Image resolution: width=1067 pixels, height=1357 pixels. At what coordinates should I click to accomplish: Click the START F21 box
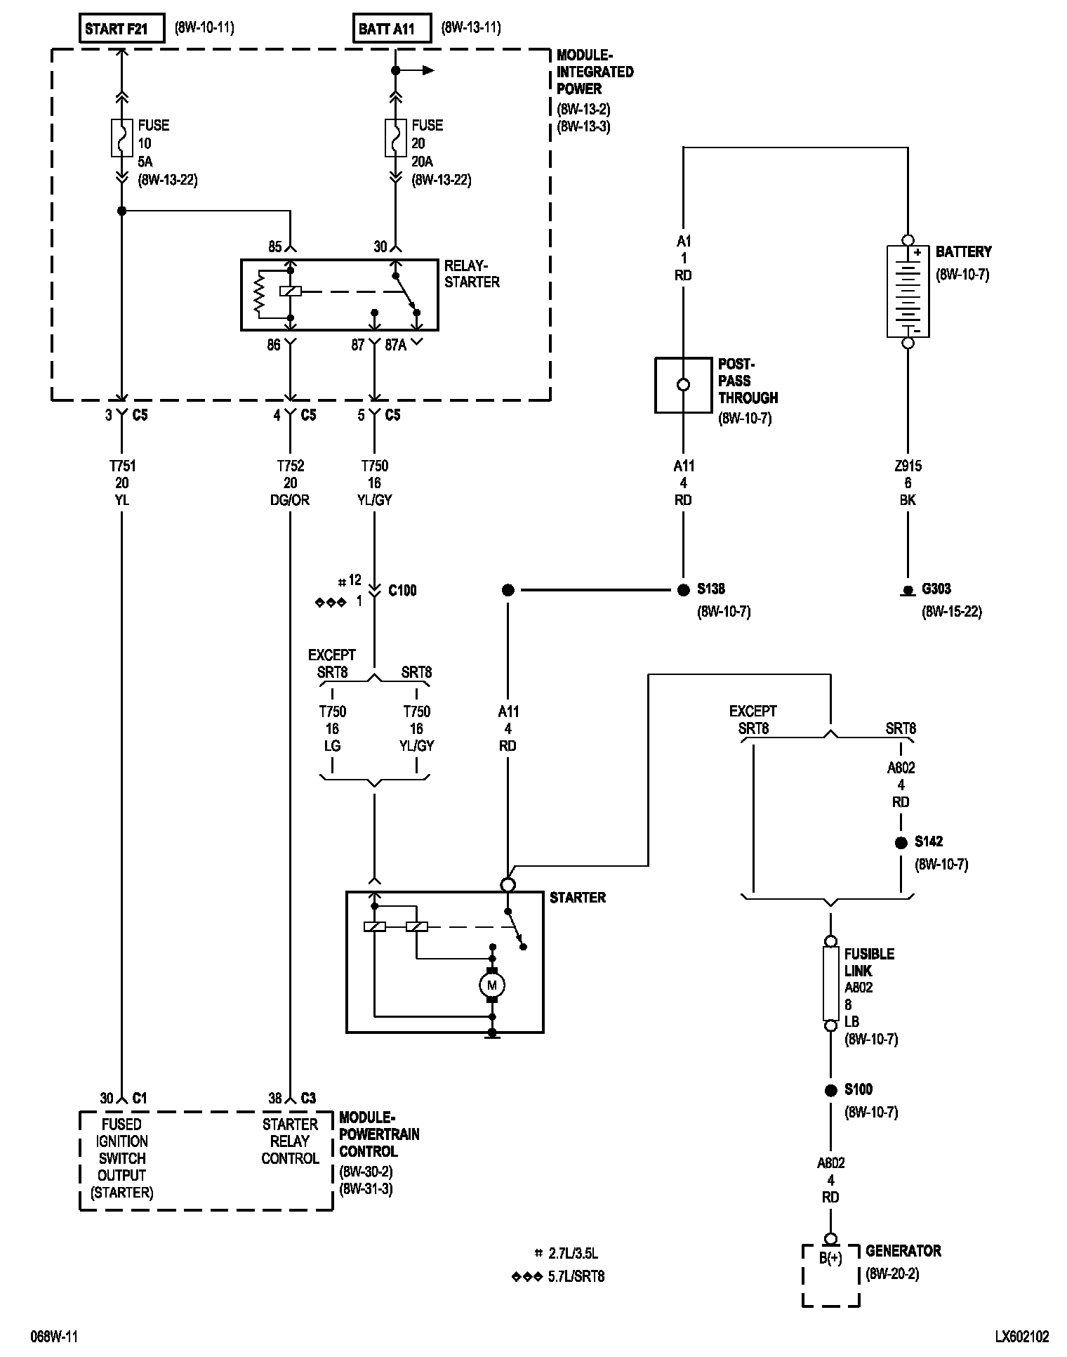pos(121,29)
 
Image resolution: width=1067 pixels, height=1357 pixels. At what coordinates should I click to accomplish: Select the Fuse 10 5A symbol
pos(121,138)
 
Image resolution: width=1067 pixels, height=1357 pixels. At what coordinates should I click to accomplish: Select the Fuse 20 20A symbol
pos(395,138)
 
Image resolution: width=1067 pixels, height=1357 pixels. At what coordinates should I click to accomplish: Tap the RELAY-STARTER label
pos(472,274)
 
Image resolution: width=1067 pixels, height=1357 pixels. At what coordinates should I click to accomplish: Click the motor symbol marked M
pos(491,985)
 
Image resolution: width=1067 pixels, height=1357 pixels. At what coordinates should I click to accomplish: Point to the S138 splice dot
pos(684,590)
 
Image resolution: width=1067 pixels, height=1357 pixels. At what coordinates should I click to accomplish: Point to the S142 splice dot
pos(901,843)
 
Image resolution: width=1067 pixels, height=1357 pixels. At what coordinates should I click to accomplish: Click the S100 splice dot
pos(830,1090)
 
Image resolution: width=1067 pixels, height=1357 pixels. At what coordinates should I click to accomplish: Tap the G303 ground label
pos(936,589)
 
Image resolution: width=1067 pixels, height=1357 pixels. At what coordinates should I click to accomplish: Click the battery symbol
pos(908,291)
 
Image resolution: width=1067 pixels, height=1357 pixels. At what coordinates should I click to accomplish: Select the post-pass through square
pos(683,385)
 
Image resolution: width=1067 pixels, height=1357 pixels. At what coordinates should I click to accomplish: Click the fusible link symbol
pos(830,983)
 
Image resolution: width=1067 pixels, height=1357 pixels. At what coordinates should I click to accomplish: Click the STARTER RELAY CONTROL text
pos(290,1141)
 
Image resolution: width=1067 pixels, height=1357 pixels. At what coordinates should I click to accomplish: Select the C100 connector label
pos(402,591)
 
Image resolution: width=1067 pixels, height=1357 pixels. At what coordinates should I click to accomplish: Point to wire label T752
pos(290,466)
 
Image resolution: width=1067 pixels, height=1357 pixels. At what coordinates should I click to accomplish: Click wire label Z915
pos(908,466)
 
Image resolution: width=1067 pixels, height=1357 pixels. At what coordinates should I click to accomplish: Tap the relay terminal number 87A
pos(396,345)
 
